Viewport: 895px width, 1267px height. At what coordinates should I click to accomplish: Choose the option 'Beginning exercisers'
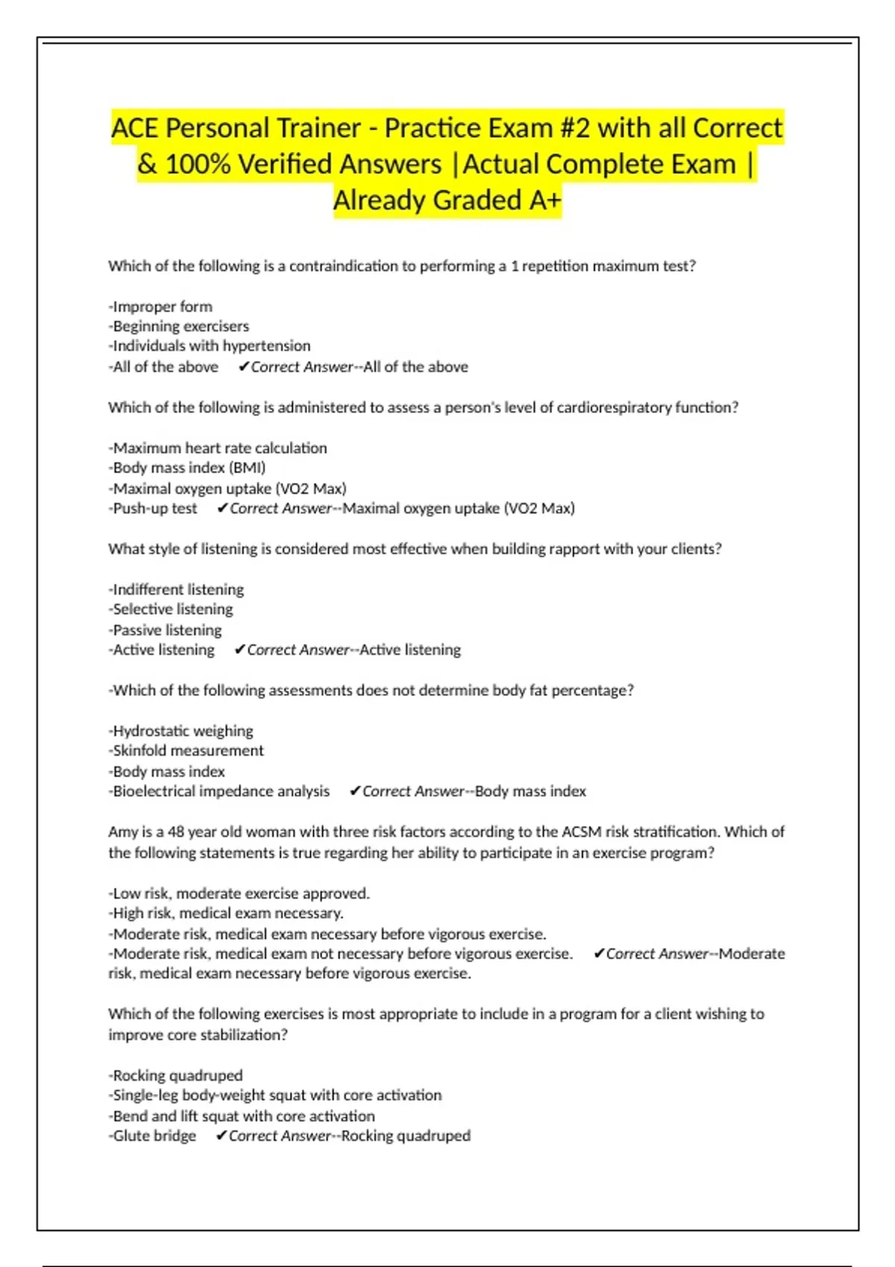pyautogui.click(x=180, y=326)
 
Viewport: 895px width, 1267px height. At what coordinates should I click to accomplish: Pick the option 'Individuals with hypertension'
pyautogui.click(x=210, y=346)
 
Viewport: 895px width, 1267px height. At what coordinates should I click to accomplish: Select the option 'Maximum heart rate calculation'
pyautogui.click(x=219, y=448)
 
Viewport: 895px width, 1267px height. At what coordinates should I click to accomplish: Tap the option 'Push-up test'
pyautogui.click(x=154, y=508)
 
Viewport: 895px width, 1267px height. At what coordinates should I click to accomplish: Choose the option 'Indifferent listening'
pyautogui.click(x=178, y=590)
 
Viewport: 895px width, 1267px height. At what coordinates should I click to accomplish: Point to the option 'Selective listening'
pyautogui.click(x=172, y=610)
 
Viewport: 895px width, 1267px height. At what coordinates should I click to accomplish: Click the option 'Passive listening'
pyautogui.click(x=166, y=630)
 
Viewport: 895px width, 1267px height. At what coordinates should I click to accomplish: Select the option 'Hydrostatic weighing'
pyautogui.click(x=182, y=731)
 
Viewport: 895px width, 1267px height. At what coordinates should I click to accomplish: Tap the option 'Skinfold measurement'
pyautogui.click(x=187, y=751)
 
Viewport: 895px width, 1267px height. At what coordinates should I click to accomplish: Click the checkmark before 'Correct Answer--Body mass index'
pyautogui.click(x=355, y=792)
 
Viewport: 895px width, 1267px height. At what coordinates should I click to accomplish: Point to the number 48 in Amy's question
pyautogui.click(x=176, y=832)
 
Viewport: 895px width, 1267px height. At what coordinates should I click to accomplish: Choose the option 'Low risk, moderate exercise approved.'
pyautogui.click(x=240, y=894)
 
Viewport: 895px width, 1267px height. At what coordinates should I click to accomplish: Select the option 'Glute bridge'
pyautogui.click(x=154, y=1136)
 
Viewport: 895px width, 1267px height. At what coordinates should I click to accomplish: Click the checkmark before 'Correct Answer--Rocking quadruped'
pyautogui.click(x=222, y=1136)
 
